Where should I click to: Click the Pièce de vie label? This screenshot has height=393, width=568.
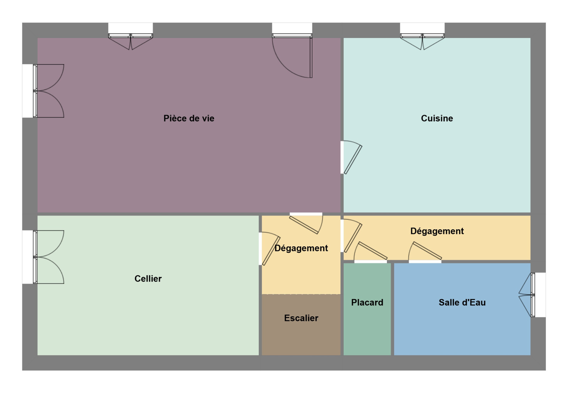coord(189,119)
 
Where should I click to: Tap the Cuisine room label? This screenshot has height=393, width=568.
coord(437,119)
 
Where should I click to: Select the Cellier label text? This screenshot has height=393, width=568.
coord(148,279)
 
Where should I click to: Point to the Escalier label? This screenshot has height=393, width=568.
coord(301,318)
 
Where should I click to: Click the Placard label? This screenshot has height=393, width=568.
coord(367,302)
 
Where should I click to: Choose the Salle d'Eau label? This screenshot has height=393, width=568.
coord(462,302)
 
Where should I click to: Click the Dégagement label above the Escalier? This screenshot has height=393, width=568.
coord(301,248)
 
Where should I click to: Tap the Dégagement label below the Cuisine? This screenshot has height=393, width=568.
coord(437,231)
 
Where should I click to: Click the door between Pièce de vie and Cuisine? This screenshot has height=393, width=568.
coord(351,157)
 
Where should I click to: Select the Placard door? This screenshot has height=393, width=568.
coord(371,252)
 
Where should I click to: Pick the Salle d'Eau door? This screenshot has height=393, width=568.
coord(425,252)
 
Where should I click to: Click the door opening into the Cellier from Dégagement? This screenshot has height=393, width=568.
coord(269,249)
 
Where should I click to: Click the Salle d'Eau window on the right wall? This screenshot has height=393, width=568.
coord(532,295)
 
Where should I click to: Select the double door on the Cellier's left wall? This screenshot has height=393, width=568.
coord(43,257)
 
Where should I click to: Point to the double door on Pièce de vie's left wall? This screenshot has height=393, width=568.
coord(43,91)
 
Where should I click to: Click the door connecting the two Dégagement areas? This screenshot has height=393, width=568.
coord(351,236)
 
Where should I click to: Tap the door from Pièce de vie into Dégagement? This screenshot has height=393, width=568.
coord(306,223)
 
